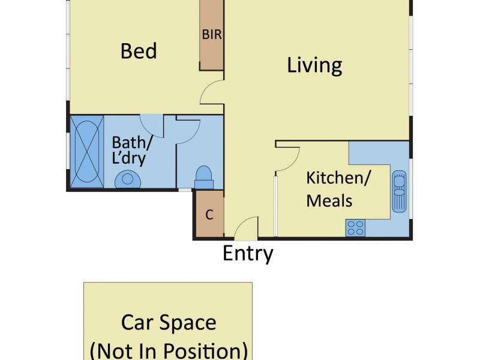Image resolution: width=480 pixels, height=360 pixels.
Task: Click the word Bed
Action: (139, 51)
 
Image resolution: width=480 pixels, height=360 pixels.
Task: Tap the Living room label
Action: (314, 65)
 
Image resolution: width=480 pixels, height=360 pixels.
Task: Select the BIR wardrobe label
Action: (212, 34)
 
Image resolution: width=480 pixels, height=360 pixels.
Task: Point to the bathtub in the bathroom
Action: (87, 152)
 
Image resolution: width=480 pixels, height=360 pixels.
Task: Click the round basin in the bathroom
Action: (128, 179)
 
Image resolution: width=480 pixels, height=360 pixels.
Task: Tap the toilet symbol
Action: (204, 177)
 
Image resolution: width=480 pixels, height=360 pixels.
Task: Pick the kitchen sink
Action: (400, 191)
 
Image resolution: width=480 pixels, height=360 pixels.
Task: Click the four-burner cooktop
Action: (355, 228)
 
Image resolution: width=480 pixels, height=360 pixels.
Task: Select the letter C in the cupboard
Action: (209, 215)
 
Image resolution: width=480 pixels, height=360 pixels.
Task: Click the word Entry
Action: (248, 253)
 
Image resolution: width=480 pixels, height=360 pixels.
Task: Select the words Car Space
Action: (169, 322)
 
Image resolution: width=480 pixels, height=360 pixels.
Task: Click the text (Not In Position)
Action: (169, 351)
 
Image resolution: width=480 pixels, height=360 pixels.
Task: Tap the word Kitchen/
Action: (338, 178)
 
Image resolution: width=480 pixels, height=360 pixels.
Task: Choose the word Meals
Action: (329, 201)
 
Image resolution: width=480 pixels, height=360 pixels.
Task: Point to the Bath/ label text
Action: (132, 143)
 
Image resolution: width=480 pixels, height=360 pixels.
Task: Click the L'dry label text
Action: (128, 158)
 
